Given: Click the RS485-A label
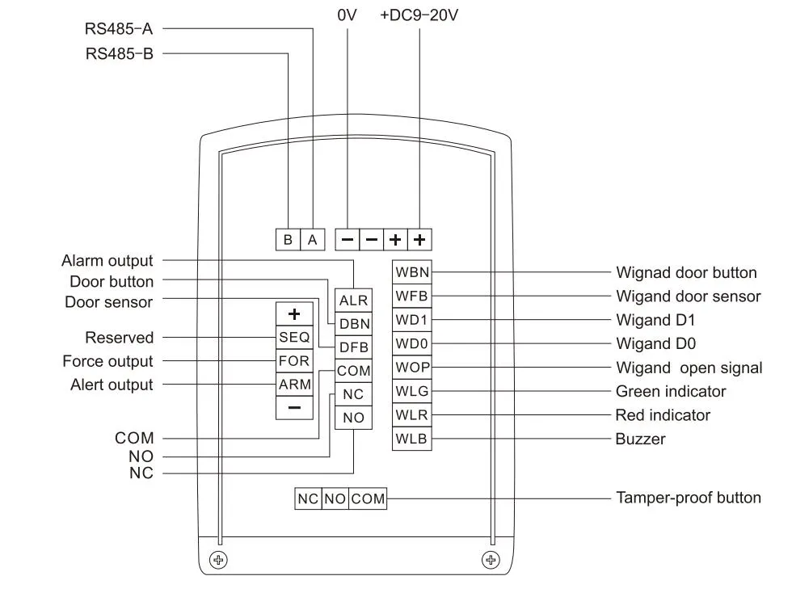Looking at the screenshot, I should [x=119, y=29].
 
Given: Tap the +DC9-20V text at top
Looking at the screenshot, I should [x=419, y=15].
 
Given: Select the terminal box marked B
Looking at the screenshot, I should [x=288, y=240].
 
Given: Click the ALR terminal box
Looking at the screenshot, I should [x=353, y=301].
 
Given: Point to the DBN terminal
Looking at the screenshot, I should [x=354, y=324].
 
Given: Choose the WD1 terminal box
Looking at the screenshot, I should [x=411, y=320].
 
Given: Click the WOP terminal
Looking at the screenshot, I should [x=411, y=368].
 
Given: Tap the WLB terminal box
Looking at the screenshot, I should [x=411, y=439].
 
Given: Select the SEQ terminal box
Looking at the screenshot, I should [x=294, y=338].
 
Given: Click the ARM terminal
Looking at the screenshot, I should [x=294, y=385].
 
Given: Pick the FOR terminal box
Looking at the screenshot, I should [x=294, y=361].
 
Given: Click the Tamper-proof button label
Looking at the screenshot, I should [x=688, y=498].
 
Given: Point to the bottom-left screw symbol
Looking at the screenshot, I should [x=218, y=559].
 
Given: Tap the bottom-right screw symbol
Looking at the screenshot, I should [x=490, y=559].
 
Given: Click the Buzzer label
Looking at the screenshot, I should [x=640, y=439].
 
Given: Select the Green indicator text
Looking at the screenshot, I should [x=670, y=392].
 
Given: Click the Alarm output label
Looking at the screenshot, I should [x=107, y=261].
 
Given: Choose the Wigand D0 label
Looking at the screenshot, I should [x=655, y=344].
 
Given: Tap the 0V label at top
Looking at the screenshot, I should [x=346, y=15].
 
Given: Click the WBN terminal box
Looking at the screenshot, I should [x=411, y=272].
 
